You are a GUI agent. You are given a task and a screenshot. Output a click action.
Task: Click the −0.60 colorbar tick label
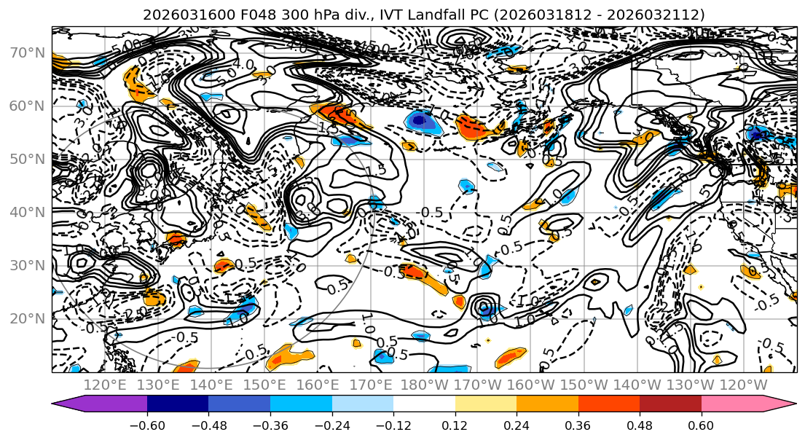(146, 425)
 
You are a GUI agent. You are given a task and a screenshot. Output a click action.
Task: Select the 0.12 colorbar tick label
(455, 425)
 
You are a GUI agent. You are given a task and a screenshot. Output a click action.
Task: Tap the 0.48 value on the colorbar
(640, 425)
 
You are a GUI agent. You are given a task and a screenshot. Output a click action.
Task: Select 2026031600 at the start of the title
(176, 15)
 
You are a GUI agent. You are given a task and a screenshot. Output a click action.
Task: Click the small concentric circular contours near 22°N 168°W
(483, 307)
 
